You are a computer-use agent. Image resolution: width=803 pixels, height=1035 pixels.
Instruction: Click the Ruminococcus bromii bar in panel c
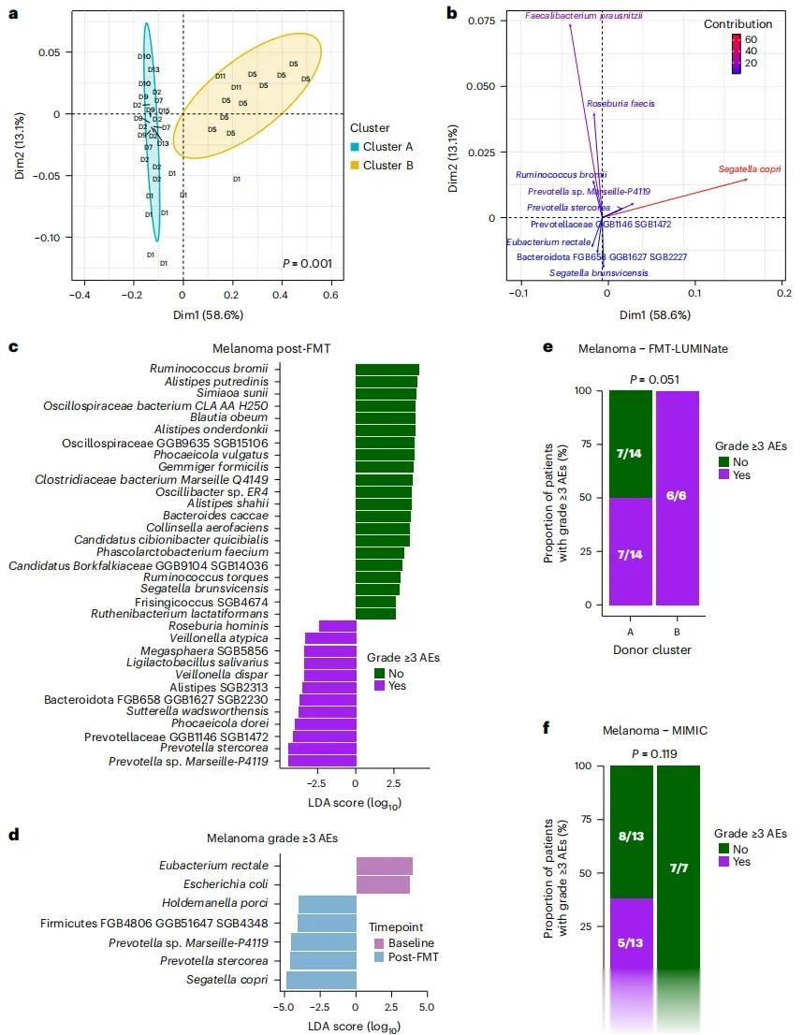point(387,370)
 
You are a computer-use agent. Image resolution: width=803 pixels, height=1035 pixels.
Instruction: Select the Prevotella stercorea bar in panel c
point(322,748)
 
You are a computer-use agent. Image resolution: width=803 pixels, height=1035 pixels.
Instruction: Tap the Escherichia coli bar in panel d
point(382,884)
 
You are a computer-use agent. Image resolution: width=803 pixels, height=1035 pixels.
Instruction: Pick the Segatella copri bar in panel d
point(321,980)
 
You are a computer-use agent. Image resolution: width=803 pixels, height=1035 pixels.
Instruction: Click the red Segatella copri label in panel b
point(750,169)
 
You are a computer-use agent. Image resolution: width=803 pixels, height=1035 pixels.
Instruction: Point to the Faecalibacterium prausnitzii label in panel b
point(590,16)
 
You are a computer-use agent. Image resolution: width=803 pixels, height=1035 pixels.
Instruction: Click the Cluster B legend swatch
point(356,166)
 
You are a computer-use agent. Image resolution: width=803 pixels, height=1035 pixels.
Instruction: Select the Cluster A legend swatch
point(356,147)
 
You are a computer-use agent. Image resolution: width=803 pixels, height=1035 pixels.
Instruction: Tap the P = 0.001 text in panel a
point(307,264)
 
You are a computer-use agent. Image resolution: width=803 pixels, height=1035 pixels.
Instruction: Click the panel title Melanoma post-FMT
point(279,348)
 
